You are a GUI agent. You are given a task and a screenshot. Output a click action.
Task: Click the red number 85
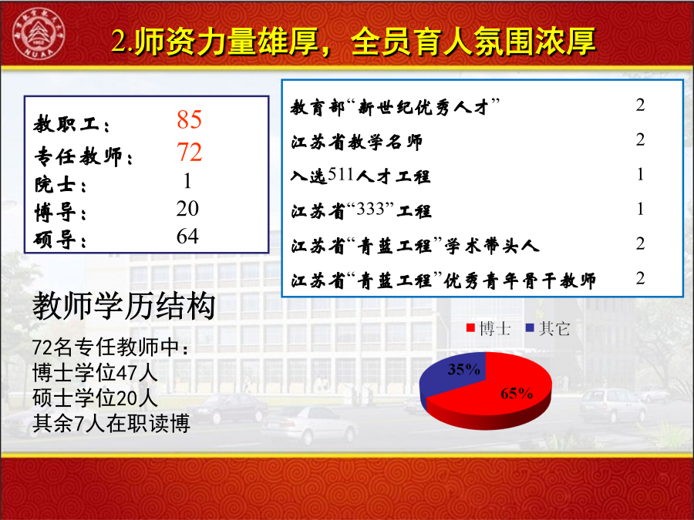pyautogui.click(x=190, y=119)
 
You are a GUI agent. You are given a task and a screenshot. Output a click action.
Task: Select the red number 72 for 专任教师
pyautogui.click(x=190, y=152)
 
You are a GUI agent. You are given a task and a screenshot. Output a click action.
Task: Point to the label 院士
pyautogui.click(x=60, y=184)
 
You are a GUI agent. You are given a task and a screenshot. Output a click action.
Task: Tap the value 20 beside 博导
pyautogui.click(x=187, y=208)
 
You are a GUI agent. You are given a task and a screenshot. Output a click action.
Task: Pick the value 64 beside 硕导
pyautogui.click(x=187, y=237)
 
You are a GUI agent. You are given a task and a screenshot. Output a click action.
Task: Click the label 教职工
pyautogui.click(x=71, y=123)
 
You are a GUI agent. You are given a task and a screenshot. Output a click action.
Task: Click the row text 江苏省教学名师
pyautogui.click(x=357, y=142)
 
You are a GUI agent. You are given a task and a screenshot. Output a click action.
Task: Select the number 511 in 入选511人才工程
pyautogui.click(x=341, y=175)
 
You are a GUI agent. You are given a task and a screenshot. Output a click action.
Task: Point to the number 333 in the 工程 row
pyautogui.click(x=369, y=209)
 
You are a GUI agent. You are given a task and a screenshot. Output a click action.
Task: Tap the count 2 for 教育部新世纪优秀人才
pyautogui.click(x=640, y=106)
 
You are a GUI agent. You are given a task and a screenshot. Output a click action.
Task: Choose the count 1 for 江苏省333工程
pyautogui.click(x=641, y=209)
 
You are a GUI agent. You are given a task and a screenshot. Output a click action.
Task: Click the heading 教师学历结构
pyautogui.click(x=124, y=306)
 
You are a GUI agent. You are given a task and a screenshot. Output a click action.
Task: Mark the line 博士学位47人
pyautogui.click(x=95, y=372)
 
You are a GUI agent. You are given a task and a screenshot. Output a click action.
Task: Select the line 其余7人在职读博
pyautogui.click(x=111, y=424)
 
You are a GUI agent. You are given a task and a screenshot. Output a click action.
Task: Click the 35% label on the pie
pyautogui.click(x=464, y=369)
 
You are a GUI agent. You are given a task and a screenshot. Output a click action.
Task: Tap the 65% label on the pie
pyautogui.click(x=517, y=393)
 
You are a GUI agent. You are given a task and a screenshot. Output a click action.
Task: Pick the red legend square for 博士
pyautogui.click(x=470, y=328)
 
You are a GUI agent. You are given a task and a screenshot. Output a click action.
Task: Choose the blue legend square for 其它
pyautogui.click(x=530, y=328)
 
